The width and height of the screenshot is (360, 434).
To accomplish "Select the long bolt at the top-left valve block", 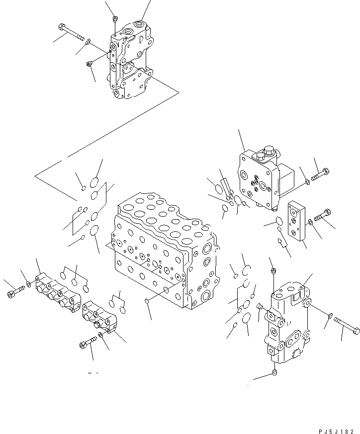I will click(x=71, y=32).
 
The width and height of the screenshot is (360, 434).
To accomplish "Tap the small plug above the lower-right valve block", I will click(x=272, y=271).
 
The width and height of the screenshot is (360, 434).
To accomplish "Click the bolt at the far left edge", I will click(x=14, y=293).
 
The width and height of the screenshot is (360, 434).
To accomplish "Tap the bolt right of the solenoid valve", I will click(x=320, y=175).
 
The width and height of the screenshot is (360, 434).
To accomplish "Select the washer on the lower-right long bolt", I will click(x=330, y=315).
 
